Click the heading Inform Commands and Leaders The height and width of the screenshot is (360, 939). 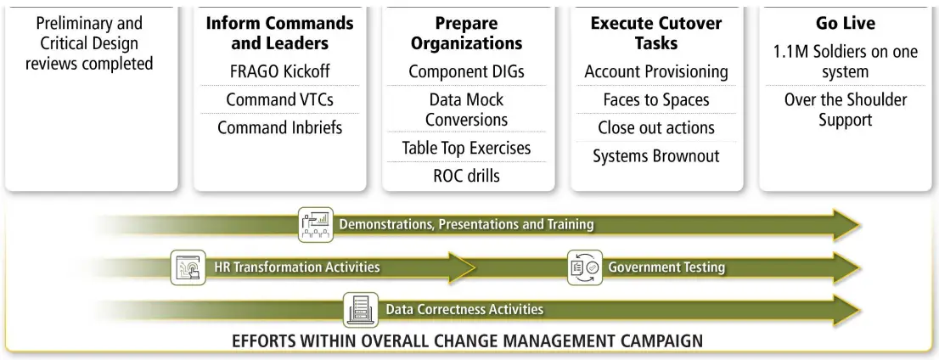click(279, 32)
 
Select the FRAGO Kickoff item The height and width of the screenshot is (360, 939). click(279, 71)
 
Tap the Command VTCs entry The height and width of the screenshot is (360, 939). click(279, 99)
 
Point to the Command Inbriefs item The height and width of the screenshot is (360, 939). click(279, 127)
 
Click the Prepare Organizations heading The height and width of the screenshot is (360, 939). click(465, 32)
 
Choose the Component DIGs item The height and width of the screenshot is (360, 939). click(465, 71)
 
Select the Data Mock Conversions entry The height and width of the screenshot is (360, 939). click(465, 110)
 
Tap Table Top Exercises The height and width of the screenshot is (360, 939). click(465, 148)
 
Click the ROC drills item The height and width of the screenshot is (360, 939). click(465, 176)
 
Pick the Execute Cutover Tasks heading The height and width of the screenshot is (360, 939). click(655, 32)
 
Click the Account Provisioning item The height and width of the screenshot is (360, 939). click(655, 71)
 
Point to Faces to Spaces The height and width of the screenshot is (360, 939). click(655, 99)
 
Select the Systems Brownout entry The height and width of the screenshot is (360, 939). click(655, 155)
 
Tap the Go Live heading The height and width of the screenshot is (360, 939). click(844, 24)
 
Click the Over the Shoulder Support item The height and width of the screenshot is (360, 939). click(844, 110)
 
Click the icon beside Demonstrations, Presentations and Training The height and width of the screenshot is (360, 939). click(315, 225)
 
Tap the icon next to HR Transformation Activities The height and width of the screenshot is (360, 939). click(188, 267)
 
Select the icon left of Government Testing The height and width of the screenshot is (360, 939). click(584, 267)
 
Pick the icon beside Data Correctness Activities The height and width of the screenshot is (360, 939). click(361, 310)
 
